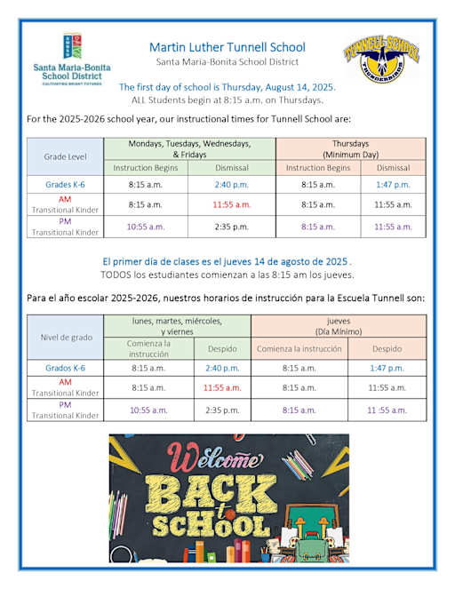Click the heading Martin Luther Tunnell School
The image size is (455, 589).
point(227,46)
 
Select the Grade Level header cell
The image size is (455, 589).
point(66,156)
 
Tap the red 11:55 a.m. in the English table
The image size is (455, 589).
point(233,204)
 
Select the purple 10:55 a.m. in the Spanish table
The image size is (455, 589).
point(148,410)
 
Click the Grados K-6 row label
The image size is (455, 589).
point(66,367)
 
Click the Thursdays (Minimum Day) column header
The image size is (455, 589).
point(350,148)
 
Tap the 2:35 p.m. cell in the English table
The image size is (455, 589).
point(232,226)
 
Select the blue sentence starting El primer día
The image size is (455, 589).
point(227,262)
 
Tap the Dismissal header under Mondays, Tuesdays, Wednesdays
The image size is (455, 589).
point(232,167)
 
